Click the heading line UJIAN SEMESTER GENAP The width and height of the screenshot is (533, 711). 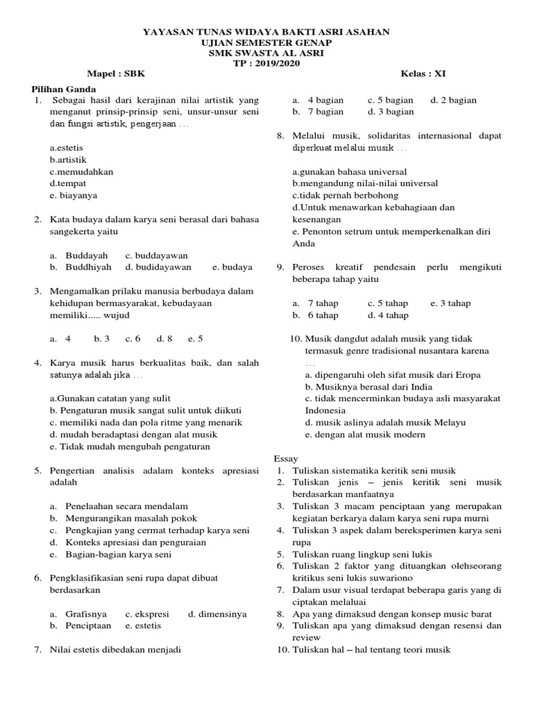pos(266,42)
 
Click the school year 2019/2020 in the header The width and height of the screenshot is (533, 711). pos(276,62)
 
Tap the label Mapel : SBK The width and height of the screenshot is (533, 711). pos(116,74)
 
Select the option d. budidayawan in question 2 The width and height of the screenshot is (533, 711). pos(158,267)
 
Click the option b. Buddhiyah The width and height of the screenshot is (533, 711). pos(81,267)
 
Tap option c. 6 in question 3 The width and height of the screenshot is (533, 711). pos(133,339)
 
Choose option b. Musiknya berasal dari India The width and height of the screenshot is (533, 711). pos(369,387)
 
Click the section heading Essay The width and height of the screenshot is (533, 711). pos(286,459)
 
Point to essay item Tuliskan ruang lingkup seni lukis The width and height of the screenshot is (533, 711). pos(362,554)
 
